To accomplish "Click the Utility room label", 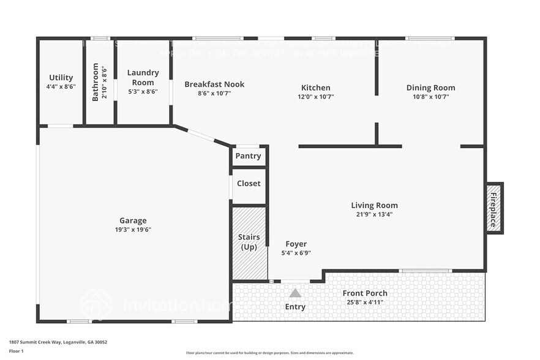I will (x=61, y=77).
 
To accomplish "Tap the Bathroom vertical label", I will (x=96, y=83).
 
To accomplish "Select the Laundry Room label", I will (x=143, y=77).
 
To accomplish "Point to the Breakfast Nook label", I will (x=214, y=84).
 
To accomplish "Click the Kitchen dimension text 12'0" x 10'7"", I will (x=316, y=96).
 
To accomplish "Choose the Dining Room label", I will (x=430, y=88).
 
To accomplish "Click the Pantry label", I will (x=249, y=156).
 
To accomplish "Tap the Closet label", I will (x=249, y=183).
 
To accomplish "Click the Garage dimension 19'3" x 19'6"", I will (x=133, y=230).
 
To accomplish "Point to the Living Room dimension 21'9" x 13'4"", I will (x=374, y=214).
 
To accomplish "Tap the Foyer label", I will (x=296, y=244).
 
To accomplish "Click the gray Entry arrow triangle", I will (x=295, y=293).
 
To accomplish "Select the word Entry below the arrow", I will (x=295, y=307).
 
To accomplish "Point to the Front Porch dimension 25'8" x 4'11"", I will (x=365, y=302).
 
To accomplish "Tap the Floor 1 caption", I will (x=17, y=351).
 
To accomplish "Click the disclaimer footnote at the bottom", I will (x=269, y=353).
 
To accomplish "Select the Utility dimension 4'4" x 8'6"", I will (x=61, y=87).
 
